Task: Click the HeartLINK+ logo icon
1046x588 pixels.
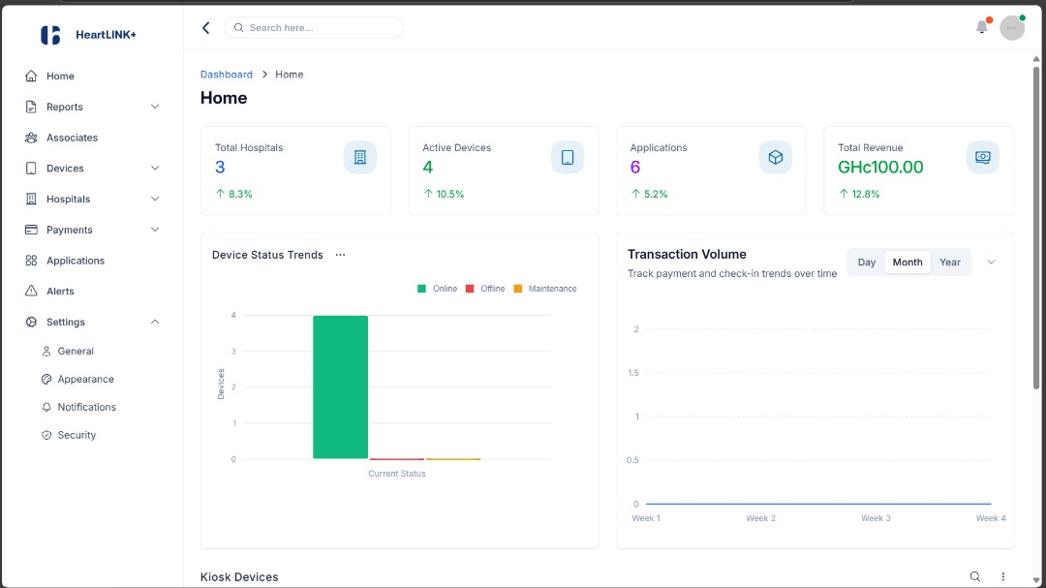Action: (x=50, y=35)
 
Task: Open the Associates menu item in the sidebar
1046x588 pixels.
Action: (x=72, y=138)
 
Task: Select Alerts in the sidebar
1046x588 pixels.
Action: (x=60, y=292)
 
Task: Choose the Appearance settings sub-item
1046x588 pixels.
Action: (x=85, y=380)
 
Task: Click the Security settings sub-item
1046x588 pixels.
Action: (x=77, y=436)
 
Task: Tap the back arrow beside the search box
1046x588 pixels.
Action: (x=205, y=28)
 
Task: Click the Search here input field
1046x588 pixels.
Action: (x=320, y=28)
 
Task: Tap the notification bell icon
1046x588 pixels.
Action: (x=982, y=27)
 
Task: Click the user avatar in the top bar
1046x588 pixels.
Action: (x=1012, y=28)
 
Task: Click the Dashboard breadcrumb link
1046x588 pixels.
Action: (x=226, y=75)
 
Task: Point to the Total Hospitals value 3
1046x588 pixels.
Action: (x=220, y=168)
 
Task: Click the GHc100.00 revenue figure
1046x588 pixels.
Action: (x=880, y=168)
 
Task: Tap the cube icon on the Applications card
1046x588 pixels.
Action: (x=775, y=157)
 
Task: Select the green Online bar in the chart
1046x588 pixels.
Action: (x=340, y=387)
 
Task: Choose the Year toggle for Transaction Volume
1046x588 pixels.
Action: (x=950, y=263)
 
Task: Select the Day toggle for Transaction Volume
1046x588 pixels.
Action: (x=867, y=263)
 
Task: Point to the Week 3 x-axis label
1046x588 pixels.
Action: (x=876, y=518)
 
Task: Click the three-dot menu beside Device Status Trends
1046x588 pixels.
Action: (x=340, y=255)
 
